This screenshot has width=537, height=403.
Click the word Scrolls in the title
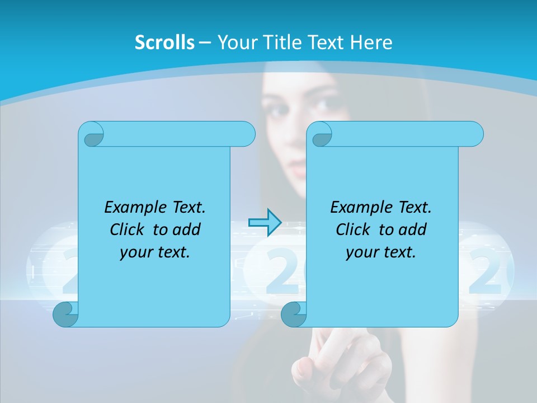164,42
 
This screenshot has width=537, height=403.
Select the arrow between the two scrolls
264,222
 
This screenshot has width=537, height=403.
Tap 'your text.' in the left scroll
155,252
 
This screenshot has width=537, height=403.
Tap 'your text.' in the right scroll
381,252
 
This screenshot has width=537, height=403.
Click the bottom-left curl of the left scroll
66,314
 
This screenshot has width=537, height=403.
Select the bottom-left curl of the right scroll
294,314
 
